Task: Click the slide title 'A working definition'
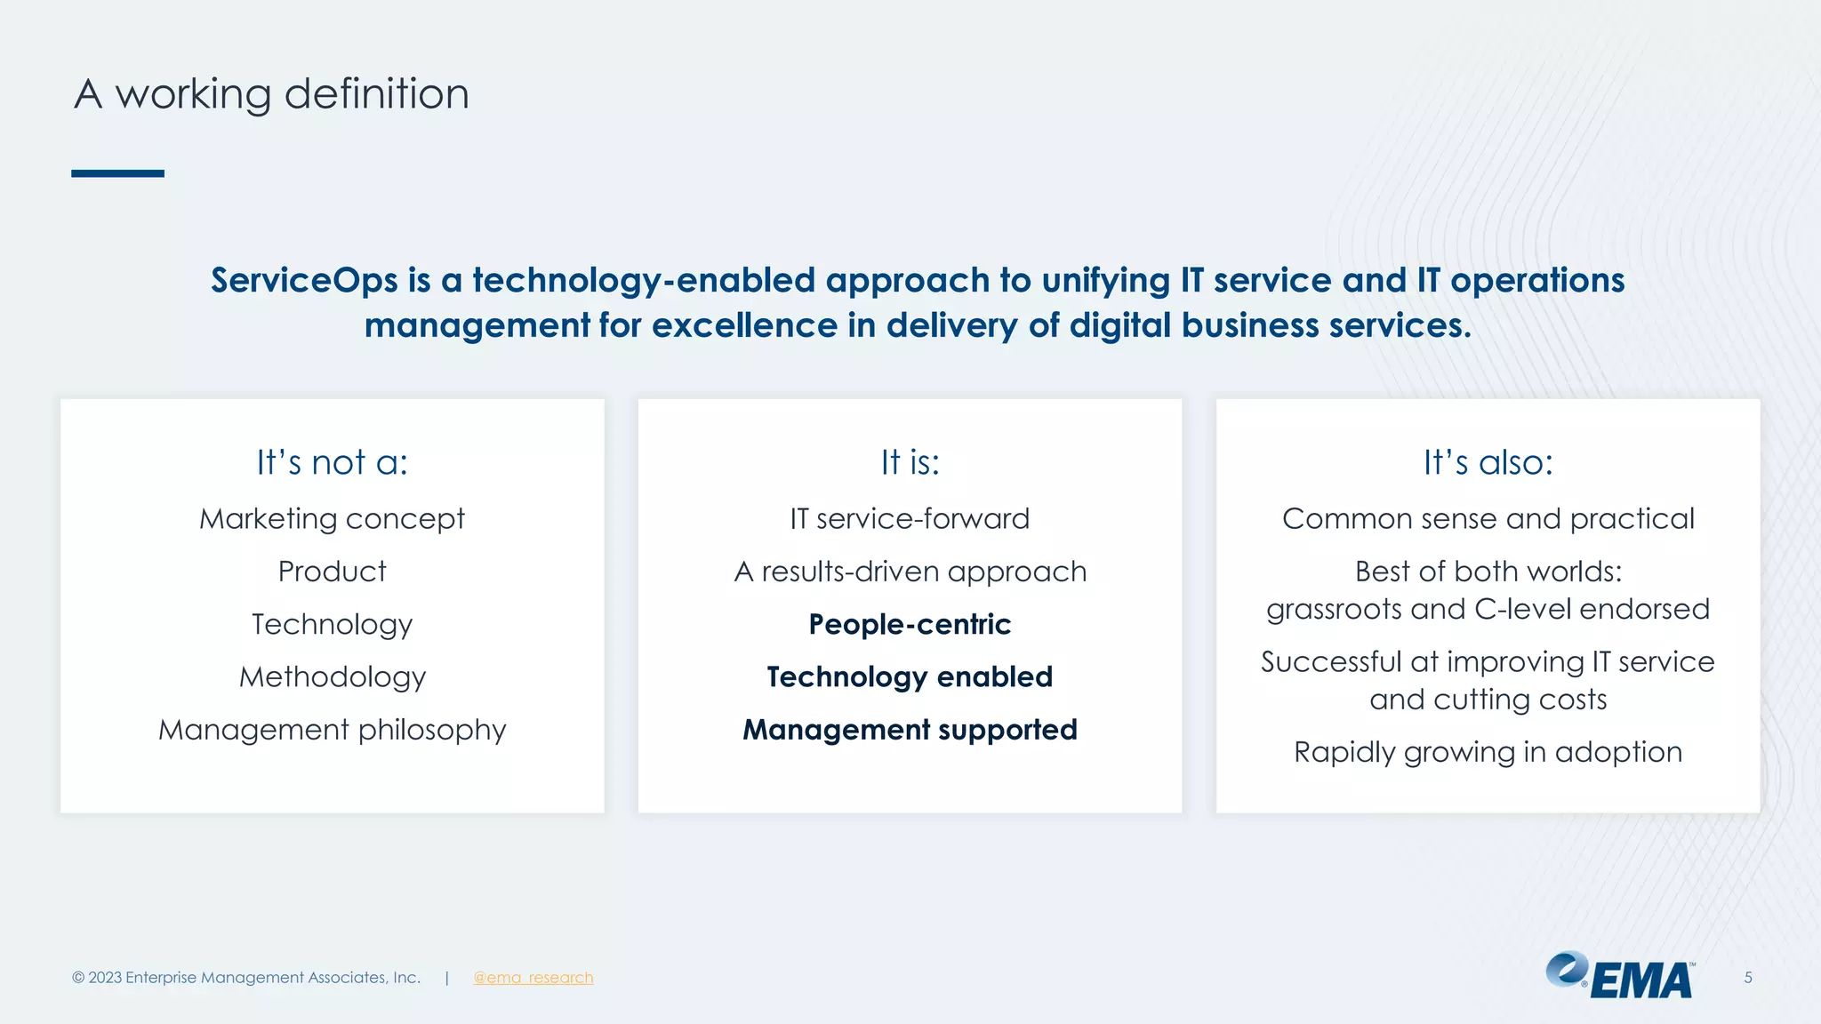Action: coord(271,94)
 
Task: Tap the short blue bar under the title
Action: coord(117,173)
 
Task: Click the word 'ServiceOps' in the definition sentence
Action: coord(304,281)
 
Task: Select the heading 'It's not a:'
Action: coord(332,462)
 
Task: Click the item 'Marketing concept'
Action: coord(332,519)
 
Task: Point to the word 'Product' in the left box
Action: coord(332,572)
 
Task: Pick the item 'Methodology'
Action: coord(332,677)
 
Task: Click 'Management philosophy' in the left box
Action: coord(332,730)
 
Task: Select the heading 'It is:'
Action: coord(910,462)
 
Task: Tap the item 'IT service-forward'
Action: coord(910,519)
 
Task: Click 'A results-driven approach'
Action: coord(910,572)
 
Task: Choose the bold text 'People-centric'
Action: coord(910,625)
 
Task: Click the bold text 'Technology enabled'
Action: coord(910,677)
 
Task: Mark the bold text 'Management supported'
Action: coord(910,730)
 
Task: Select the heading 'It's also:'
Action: coord(1488,462)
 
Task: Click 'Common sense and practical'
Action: coord(1488,519)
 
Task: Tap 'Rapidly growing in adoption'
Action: coord(1488,752)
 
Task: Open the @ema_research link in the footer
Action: coord(533,978)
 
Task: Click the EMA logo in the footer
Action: coord(1619,977)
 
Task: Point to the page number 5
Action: coord(1747,978)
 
